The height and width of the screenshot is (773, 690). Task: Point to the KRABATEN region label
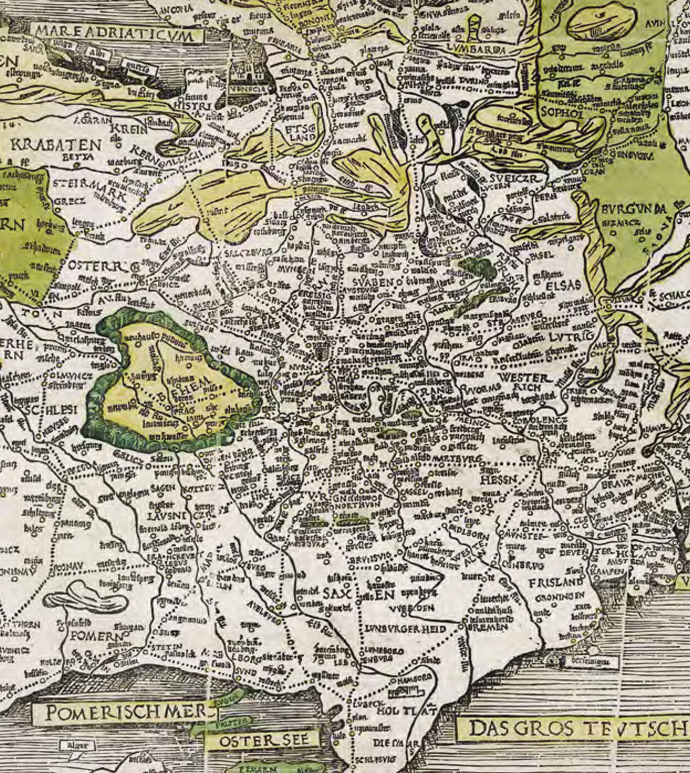(x=57, y=145)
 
